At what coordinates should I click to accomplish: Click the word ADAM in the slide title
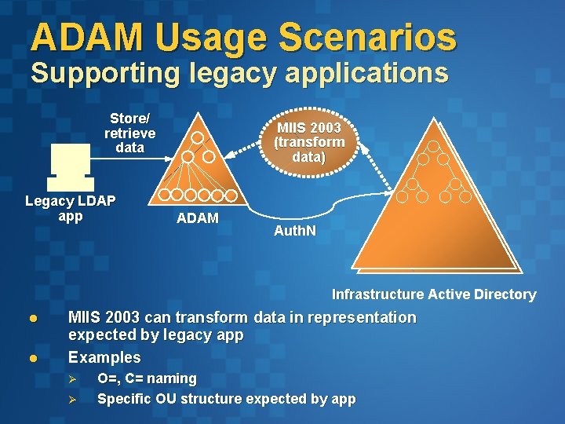tap(86, 37)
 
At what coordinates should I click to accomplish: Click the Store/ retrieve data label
tap(129, 133)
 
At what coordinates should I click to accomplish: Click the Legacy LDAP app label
tap(70, 208)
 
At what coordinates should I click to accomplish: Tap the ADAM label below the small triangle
tap(198, 218)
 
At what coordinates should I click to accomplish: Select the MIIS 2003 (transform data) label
tap(308, 141)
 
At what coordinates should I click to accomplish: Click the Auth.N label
tap(294, 232)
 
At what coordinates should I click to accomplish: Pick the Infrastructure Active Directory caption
tap(433, 294)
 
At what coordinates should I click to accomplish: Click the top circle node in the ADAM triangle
tap(198, 138)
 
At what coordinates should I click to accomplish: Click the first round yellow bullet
tap(34, 319)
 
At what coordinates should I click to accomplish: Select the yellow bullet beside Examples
tap(34, 358)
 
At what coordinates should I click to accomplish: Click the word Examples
tap(104, 358)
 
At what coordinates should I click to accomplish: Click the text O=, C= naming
tap(147, 378)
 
